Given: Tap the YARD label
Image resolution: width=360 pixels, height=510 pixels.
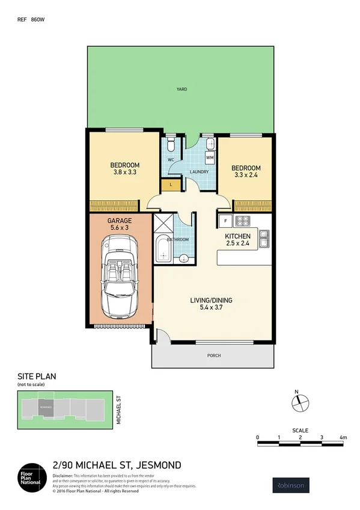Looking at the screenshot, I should (181, 90).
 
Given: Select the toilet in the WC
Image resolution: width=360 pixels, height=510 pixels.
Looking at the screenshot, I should (171, 146).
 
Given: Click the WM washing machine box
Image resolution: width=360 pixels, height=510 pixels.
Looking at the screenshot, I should (210, 158).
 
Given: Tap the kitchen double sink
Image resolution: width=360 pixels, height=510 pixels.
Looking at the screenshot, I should (264, 239).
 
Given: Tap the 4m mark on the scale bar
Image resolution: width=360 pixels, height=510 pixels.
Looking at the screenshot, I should (343, 437).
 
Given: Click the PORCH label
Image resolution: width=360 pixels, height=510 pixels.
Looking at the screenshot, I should (213, 355).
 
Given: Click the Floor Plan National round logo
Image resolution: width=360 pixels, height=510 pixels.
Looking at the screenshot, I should (32, 475).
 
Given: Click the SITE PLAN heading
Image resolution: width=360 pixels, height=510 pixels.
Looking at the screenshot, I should (37, 376).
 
